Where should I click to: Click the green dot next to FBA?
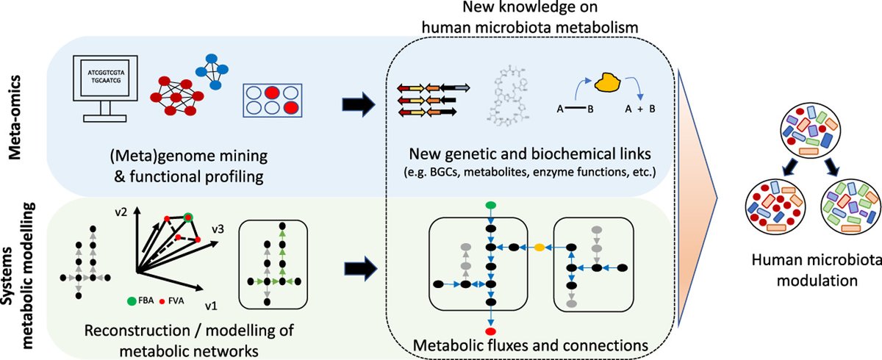[x=131, y=301]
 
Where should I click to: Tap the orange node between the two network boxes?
[x=539, y=248]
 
